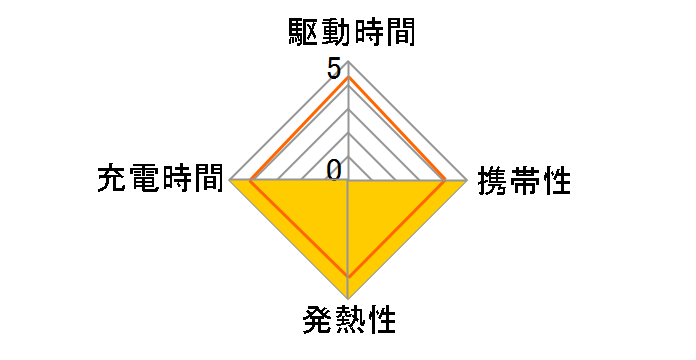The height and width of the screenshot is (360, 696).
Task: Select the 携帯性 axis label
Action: [524, 181]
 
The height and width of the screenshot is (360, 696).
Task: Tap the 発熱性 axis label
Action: [348, 322]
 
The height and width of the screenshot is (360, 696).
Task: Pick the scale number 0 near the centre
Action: [334, 170]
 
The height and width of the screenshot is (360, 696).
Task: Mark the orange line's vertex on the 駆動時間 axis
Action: [348, 77]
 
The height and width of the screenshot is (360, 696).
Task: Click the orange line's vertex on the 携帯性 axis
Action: [446, 181]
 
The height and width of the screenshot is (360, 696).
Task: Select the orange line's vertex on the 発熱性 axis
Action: [348, 275]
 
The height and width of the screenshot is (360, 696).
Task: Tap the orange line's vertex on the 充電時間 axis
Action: [250, 181]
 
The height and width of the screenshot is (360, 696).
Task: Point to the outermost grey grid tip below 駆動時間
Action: [348, 62]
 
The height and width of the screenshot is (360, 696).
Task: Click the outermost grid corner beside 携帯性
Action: [467, 181]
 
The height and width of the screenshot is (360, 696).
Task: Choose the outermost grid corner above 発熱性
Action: [348, 299]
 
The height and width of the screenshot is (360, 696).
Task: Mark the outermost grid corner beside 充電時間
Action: [230, 181]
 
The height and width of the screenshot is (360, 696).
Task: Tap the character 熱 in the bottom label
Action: [348, 322]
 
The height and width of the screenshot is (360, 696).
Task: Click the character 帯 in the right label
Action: [524, 181]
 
